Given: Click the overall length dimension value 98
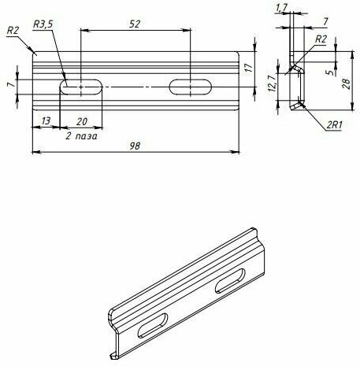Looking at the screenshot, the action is coord(135,146).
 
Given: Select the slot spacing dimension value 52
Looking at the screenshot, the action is coord(135,24).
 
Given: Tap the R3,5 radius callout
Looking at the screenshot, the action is coord(43,24).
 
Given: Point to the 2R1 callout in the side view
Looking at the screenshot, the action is coord(334,125).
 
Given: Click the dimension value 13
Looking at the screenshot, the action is coord(46,121).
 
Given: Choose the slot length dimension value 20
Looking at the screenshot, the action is coord(82,121).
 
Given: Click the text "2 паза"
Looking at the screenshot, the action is coord(81,136).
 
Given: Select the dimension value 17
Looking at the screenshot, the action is coord(249,68).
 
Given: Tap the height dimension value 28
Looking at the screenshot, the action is coord(347,84).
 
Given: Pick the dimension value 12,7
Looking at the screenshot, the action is coord(272,83).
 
